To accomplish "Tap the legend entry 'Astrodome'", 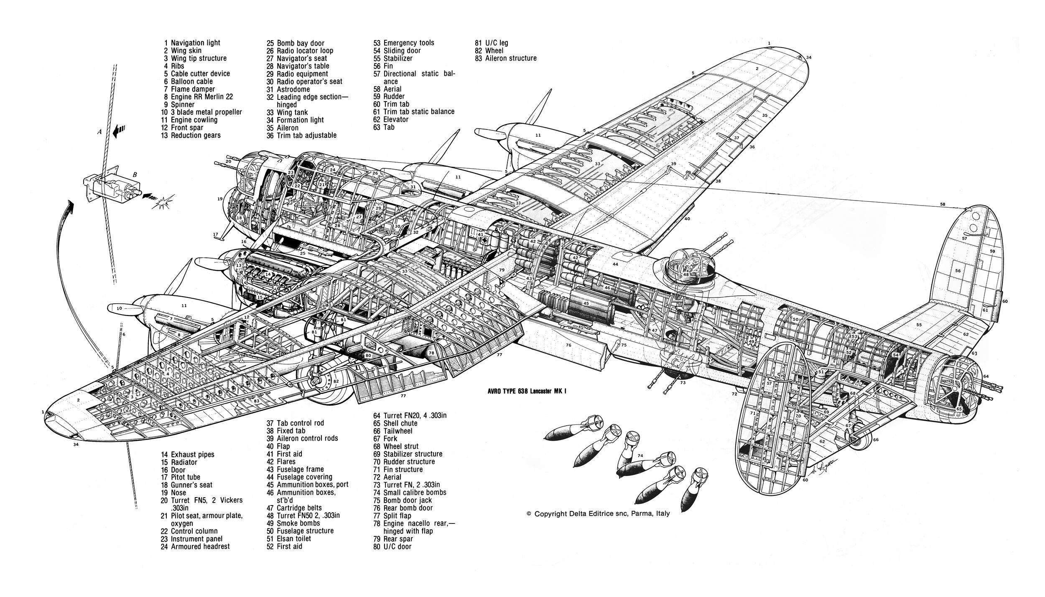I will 293,89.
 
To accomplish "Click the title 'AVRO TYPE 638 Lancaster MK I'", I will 524,391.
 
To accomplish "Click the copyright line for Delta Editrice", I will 598,514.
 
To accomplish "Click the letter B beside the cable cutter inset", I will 135,175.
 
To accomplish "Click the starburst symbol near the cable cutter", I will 162,204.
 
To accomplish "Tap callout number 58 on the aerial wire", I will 939,204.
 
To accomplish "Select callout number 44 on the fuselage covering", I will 615,264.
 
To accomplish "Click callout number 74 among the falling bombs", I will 640,455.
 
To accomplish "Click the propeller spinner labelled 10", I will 119,309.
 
